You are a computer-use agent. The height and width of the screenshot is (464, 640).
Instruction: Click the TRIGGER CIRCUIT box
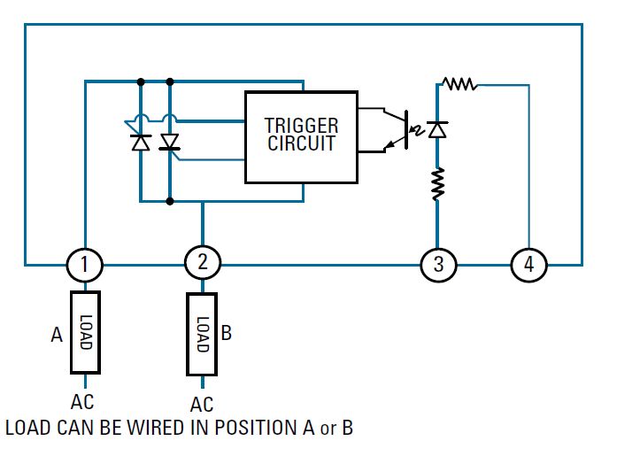[x=301, y=136]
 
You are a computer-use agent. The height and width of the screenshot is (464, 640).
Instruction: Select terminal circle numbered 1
[x=85, y=264]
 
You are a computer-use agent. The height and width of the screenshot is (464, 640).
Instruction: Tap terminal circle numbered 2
[x=202, y=261]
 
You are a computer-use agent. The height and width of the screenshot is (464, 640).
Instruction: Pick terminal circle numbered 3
[x=438, y=264]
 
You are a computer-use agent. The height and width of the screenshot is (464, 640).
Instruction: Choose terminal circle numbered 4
[x=529, y=264]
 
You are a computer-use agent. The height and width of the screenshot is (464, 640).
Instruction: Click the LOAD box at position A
[x=85, y=332]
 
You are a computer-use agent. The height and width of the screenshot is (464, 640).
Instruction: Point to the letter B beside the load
[x=226, y=334]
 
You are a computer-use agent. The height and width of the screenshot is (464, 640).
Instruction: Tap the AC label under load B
[x=202, y=405]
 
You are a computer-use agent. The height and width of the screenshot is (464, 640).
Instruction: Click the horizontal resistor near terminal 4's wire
[x=460, y=85]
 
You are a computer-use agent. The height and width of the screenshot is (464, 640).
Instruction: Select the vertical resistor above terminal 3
[x=437, y=183]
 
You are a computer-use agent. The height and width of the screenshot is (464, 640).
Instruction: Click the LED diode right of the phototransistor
[x=437, y=129]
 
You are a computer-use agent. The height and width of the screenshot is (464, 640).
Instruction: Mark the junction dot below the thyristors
[x=170, y=201]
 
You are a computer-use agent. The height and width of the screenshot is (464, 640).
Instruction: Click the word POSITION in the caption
[x=251, y=429]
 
